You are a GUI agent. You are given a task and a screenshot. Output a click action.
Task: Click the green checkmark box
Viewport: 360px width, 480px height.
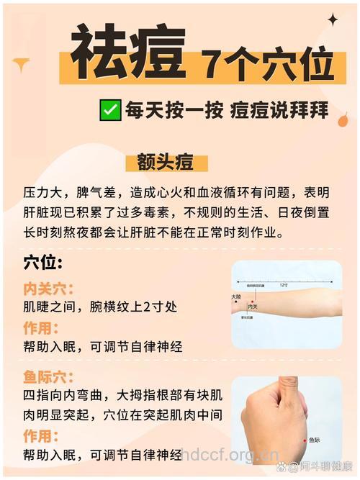point(110,111)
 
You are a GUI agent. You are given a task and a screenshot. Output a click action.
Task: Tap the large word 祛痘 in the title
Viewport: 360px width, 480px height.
point(129,54)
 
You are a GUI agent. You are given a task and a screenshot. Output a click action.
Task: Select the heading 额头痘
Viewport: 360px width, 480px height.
point(171,163)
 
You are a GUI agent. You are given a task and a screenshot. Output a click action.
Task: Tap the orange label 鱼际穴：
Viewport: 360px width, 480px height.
point(50,376)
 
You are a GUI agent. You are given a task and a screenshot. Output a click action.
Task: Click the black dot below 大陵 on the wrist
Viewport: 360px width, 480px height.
point(237,303)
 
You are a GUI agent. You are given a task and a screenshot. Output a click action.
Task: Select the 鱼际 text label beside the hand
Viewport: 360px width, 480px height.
point(315,440)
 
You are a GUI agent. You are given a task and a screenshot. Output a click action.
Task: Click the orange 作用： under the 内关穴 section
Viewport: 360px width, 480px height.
point(42,327)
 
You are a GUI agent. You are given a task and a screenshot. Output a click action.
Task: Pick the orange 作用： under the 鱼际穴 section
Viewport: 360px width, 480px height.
point(42,435)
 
